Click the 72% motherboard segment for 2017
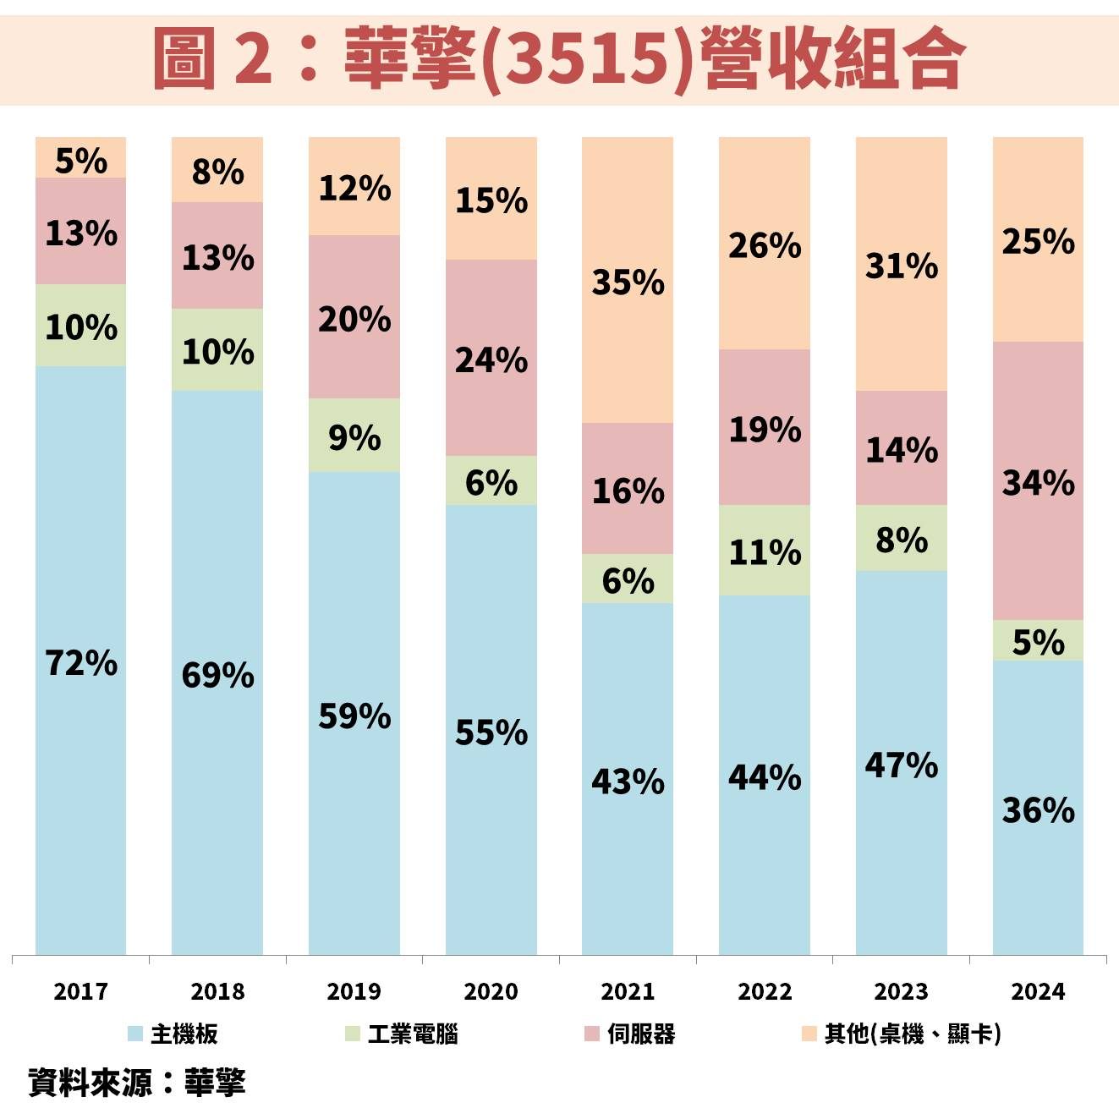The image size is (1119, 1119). pos(80,661)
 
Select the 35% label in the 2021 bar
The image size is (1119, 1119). pos(628,282)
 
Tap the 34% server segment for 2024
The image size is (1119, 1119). pos(1038,482)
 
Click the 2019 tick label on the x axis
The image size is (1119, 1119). pos(354,990)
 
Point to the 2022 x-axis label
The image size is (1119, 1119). pos(765,990)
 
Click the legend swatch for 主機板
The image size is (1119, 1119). pos(135,1034)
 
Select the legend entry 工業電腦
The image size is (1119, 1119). pos(412,1034)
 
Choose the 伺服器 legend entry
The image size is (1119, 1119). pos(640,1034)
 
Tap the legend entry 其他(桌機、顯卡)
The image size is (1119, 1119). pos(912,1034)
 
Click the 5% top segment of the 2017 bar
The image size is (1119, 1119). pos(80,159)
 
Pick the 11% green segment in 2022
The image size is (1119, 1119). pos(765,551)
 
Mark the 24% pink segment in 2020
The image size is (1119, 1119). pos(491,359)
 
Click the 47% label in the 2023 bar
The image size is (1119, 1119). pos(901,765)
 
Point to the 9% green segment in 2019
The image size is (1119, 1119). pos(354,436)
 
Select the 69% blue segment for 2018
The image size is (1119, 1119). pos(217,674)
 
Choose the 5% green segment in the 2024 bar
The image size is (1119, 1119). pos(1038,641)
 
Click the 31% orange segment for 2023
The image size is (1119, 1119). pos(901,265)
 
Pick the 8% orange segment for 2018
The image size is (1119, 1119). pos(217,171)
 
